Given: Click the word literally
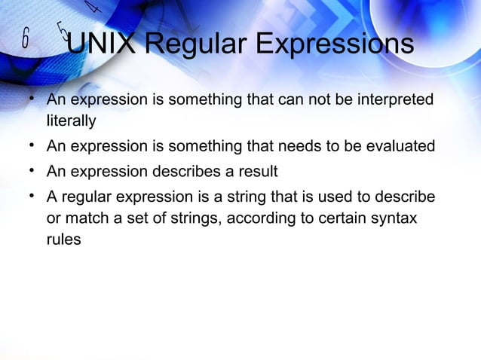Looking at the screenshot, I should tap(72, 120).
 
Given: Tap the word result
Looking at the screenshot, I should tap(258, 171).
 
